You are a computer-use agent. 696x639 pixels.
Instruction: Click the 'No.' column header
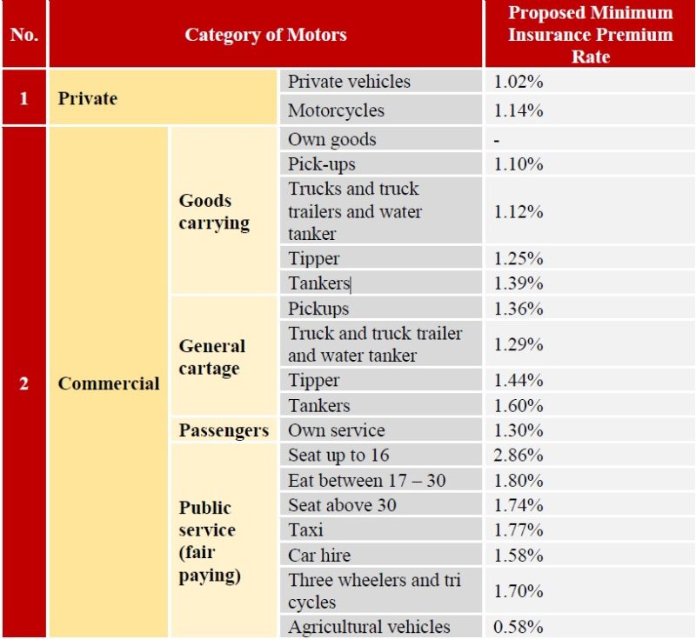pos(23,35)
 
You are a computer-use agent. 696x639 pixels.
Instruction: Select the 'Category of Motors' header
pos(265,35)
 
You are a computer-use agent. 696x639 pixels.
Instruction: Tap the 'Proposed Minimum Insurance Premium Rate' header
pos(590,35)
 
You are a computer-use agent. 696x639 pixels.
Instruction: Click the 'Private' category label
pos(87,98)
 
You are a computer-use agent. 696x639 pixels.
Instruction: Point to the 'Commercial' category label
pos(109,383)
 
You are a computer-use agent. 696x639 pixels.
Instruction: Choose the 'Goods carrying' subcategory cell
pos(214,212)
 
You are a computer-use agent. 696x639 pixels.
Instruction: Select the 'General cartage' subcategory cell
pos(212,357)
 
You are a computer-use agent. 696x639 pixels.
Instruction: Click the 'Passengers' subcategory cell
pos(224,430)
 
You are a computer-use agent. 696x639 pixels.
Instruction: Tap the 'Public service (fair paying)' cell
pos(209,541)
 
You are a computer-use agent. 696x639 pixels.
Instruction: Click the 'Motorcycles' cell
pos(336,110)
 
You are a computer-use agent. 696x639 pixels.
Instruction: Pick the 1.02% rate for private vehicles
pos(519,82)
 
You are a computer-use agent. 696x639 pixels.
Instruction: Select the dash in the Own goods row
pos(497,139)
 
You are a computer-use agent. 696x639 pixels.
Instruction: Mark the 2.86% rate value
pos(519,455)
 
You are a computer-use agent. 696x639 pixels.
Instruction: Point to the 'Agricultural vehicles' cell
pos(369,626)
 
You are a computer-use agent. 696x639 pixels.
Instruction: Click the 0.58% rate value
pos(519,626)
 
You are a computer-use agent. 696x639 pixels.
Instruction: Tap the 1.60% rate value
pos(519,405)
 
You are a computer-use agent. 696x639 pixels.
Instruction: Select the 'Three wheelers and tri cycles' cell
pos(374,591)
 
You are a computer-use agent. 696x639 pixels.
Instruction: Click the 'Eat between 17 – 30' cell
pos(366,480)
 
